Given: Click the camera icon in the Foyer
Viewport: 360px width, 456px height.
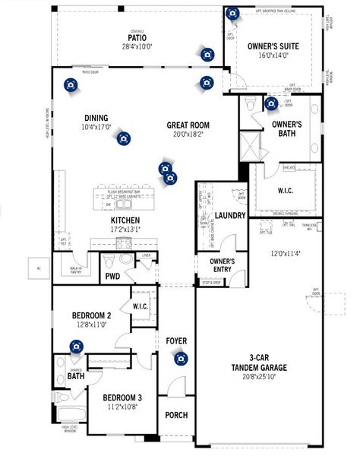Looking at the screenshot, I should click(x=180, y=359).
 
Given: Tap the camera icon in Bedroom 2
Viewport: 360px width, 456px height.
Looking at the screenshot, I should click(x=76, y=347).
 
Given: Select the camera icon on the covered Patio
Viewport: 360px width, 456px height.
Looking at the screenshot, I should click(x=207, y=53).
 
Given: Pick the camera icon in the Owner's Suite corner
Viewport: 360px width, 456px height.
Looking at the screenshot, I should click(x=232, y=14).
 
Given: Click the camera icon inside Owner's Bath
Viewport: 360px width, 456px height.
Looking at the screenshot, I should click(x=271, y=103).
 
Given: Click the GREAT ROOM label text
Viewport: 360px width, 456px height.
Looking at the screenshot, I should click(x=188, y=125).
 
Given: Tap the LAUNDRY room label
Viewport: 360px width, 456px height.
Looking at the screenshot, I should click(x=230, y=216).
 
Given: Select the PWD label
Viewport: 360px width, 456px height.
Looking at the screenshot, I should click(x=112, y=277).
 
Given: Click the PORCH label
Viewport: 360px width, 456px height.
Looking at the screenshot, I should click(x=176, y=415).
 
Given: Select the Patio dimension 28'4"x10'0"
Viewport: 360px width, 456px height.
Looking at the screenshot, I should click(x=137, y=46).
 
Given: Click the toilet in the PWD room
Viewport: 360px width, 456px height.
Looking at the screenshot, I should click(x=111, y=263).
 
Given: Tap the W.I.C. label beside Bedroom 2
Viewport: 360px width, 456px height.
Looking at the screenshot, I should click(x=140, y=306).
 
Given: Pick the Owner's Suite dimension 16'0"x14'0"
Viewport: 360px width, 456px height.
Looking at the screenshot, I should click(x=273, y=55).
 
